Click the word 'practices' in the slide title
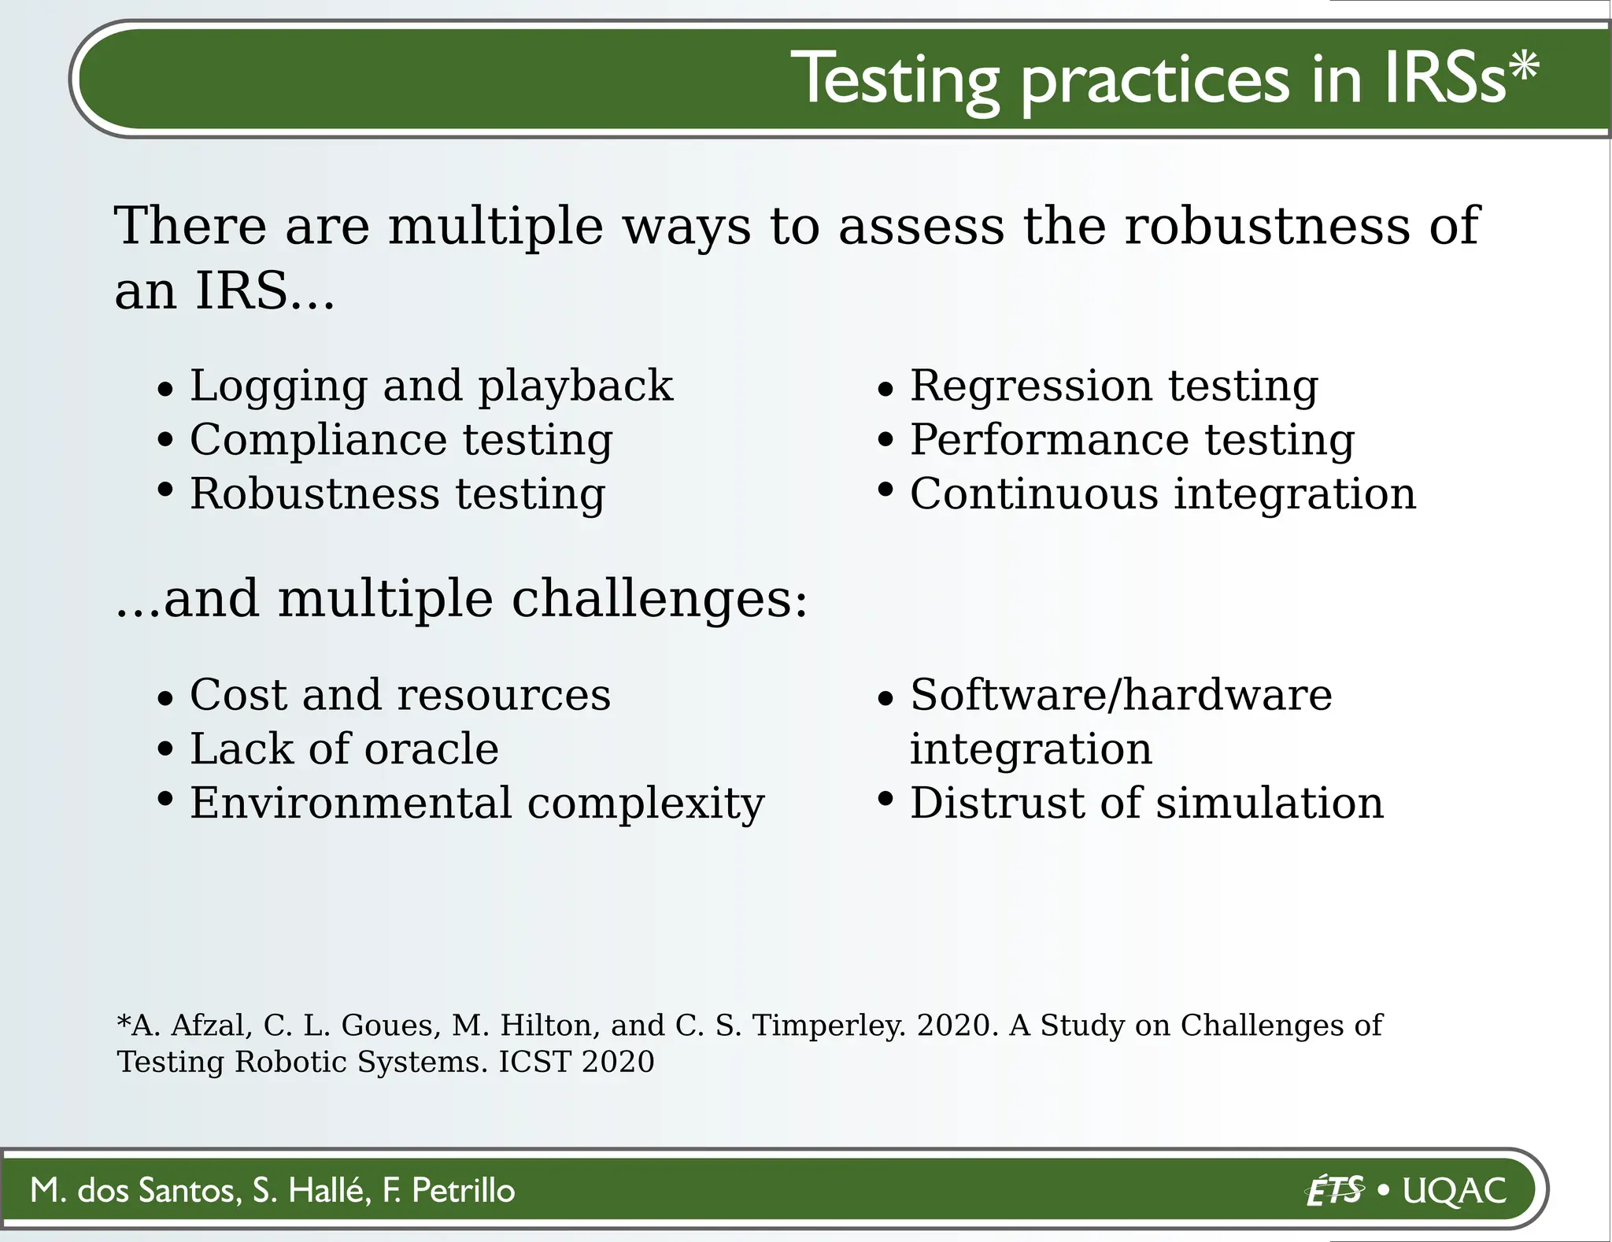click(x=1155, y=81)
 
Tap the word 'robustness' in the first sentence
click(x=1266, y=227)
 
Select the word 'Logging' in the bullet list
click(x=279, y=386)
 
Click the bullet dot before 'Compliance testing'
click(x=165, y=439)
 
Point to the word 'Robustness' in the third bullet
click(x=314, y=494)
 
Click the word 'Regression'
click(x=1032, y=386)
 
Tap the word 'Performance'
click(x=1049, y=439)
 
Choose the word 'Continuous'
click(x=1034, y=494)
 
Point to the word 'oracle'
click(x=431, y=749)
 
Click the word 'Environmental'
click(x=351, y=803)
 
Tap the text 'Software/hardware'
click(x=1121, y=695)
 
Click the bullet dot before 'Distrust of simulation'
click(x=885, y=800)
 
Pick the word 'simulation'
click(x=1269, y=803)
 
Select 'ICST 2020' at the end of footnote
click(x=576, y=1062)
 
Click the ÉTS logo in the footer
click(x=1334, y=1190)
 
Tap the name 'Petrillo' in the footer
click(x=463, y=1190)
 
